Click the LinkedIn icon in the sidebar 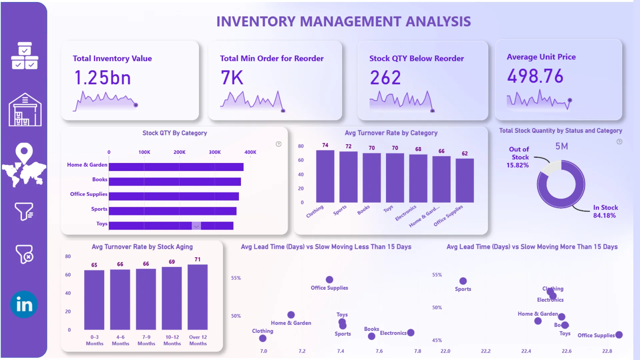pos(24,304)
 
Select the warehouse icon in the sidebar pos(25,110)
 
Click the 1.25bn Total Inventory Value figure pos(102,78)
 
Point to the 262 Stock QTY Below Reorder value pos(385,78)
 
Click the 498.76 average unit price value pos(535,76)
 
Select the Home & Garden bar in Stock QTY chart pos(176,167)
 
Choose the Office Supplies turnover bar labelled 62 pos(464,180)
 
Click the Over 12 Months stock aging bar pos(198,297)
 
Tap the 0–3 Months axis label pos(95,340)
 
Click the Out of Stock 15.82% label pos(518,157)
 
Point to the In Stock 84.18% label pos(605,211)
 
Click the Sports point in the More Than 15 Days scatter pos(463,281)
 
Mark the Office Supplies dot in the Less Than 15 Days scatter pos(329,280)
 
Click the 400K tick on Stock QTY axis pos(250,152)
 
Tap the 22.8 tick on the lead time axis pos(607,351)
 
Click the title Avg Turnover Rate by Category pos(391,133)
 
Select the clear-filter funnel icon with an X pos(24,254)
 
